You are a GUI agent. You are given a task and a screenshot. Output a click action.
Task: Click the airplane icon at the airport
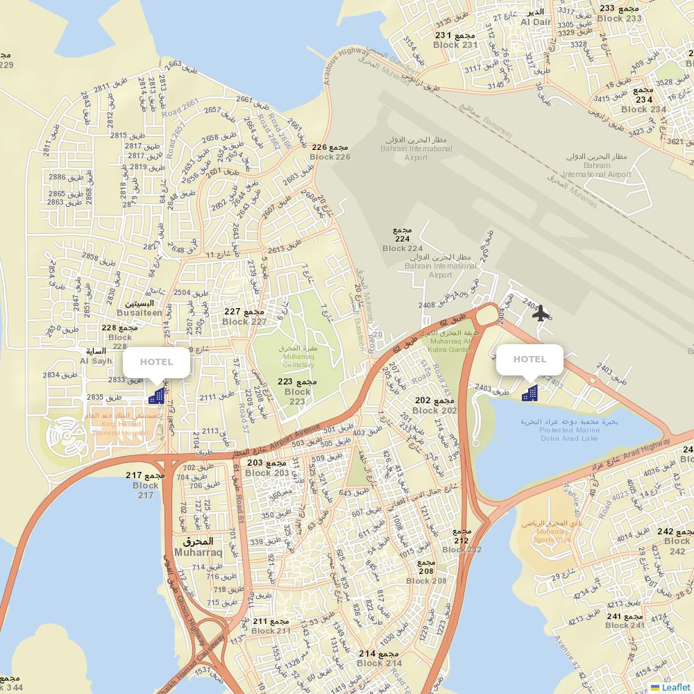pyautogui.click(x=541, y=313)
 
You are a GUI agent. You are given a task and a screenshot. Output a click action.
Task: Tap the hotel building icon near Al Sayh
pyautogui.click(x=157, y=396)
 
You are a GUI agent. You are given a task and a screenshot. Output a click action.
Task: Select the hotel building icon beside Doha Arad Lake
pyautogui.click(x=530, y=393)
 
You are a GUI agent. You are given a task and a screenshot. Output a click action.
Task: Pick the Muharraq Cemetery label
pyautogui.click(x=298, y=356)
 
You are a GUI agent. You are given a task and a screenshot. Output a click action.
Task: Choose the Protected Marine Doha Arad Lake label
pyautogui.click(x=569, y=430)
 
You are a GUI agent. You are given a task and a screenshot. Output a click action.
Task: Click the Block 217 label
pyautogui.click(x=146, y=485)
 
